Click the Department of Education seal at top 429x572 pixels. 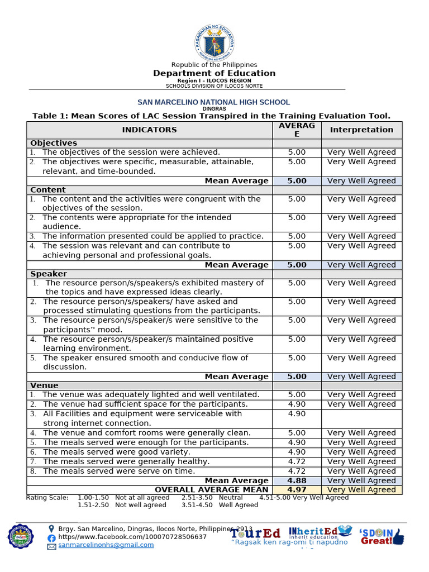coord(214,42)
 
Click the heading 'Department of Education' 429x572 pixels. coord(214,73)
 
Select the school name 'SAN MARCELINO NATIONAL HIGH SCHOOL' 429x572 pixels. coord(214,102)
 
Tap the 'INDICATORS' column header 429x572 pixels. coord(149,130)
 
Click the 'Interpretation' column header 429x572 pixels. coord(361,130)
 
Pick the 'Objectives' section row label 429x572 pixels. coord(54,143)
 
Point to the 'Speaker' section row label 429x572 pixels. coord(49,274)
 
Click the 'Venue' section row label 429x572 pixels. coord(44,385)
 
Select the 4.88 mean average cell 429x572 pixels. coord(297,480)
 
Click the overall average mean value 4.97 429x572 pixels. coord(297,490)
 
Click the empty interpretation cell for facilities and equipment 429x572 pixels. coord(361,418)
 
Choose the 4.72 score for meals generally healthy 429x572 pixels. coord(297,461)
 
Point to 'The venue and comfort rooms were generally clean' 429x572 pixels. coord(146,433)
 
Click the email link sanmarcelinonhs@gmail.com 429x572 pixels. coord(106,545)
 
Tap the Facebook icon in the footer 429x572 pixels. coord(51,537)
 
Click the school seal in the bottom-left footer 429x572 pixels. coord(21,536)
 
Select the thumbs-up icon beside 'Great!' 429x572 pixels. coord(398,537)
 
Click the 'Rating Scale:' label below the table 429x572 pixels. coord(47,497)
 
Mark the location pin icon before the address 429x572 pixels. coord(52,528)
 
